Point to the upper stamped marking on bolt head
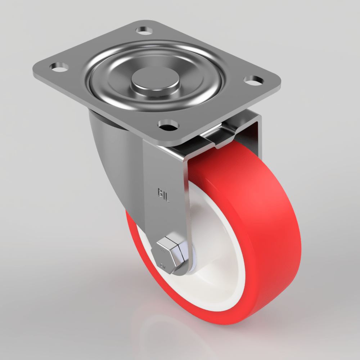click(x=163, y=249)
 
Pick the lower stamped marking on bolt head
click(x=163, y=266)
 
